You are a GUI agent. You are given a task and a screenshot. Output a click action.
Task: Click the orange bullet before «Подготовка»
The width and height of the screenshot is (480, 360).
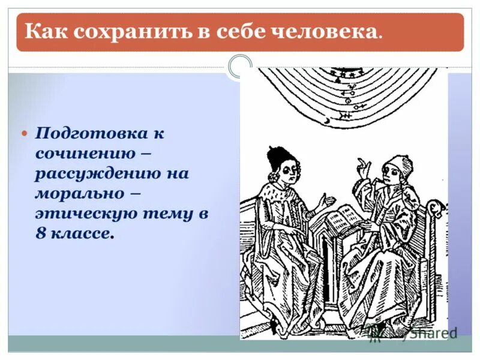(25, 132)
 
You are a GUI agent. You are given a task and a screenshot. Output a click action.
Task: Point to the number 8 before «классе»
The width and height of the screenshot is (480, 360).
(40, 234)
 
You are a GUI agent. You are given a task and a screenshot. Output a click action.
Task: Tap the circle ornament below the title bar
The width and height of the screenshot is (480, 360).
(241, 66)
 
